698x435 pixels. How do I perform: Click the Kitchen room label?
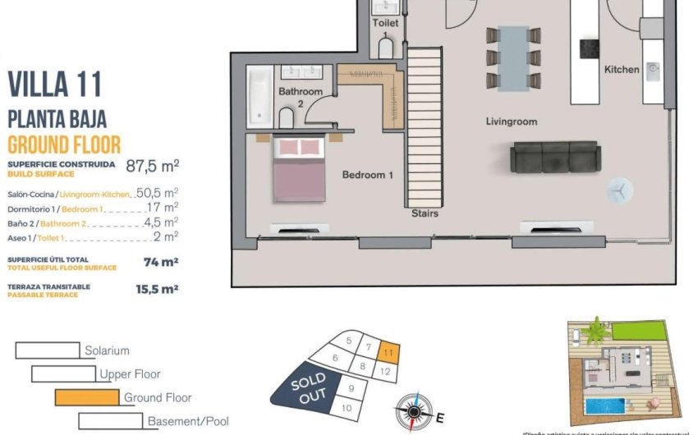pyautogui.click(x=622, y=70)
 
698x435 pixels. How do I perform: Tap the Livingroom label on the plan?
pyautogui.click(x=511, y=121)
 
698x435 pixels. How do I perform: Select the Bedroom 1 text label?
pyautogui.click(x=367, y=175)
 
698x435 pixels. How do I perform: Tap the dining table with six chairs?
pyautogui.click(x=514, y=58)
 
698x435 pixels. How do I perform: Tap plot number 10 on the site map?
pyautogui.click(x=347, y=407)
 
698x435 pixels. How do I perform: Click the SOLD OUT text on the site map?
pyautogui.click(x=308, y=387)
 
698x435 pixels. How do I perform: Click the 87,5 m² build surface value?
pyautogui.click(x=152, y=165)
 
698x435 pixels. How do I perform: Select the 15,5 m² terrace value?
pyautogui.click(x=156, y=289)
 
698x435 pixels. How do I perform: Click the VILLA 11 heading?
pyautogui.click(x=54, y=85)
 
